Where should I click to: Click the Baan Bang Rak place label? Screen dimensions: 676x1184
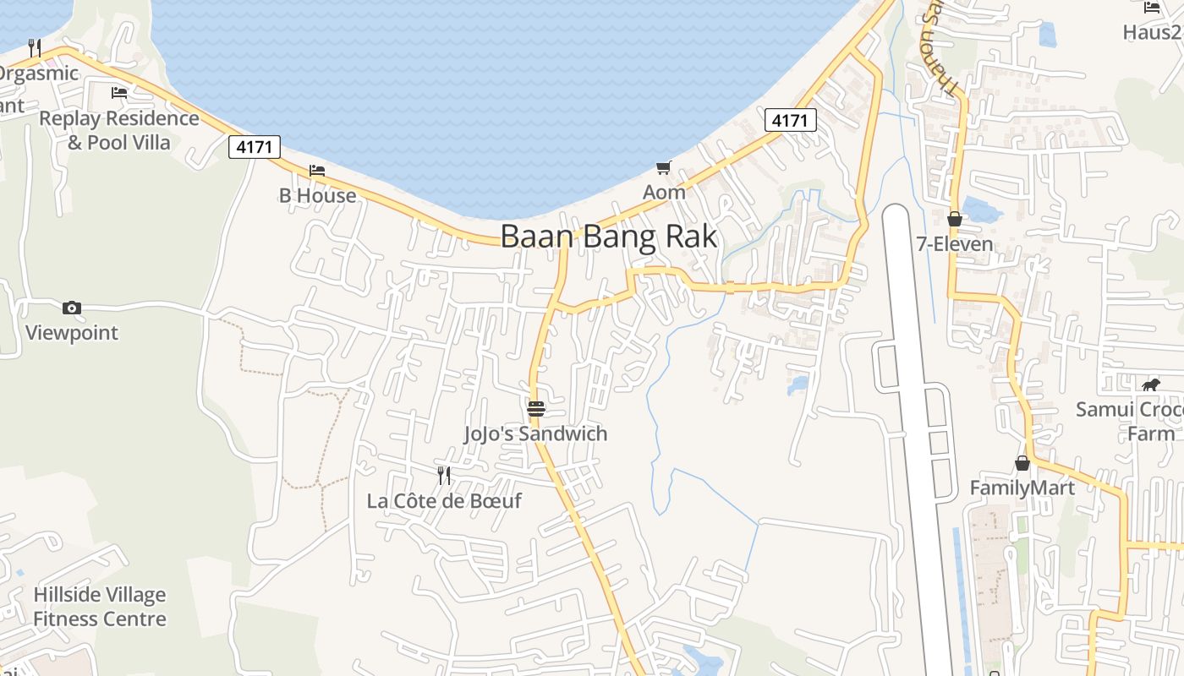click(609, 237)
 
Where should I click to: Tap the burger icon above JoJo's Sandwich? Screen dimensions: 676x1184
click(536, 410)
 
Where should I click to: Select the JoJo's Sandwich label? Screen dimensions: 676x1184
click(535, 433)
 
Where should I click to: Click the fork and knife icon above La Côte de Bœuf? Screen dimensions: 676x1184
click(444, 476)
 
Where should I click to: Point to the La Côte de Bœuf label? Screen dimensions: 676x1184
click(444, 500)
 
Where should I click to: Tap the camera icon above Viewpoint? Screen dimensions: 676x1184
click(72, 308)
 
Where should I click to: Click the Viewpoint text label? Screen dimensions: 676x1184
click(72, 332)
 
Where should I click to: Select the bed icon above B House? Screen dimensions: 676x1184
click(317, 170)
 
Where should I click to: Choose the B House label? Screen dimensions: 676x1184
click(318, 195)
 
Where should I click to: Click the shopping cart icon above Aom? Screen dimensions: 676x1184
click(664, 167)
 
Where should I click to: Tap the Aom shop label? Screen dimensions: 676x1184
click(664, 192)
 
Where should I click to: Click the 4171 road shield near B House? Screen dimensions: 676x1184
click(255, 147)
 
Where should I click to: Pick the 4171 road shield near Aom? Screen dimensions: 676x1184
click(791, 121)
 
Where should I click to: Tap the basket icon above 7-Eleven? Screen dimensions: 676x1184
click(955, 220)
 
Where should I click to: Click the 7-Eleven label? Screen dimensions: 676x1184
click(955, 244)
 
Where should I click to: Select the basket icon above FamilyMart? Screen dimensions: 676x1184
click(1022, 463)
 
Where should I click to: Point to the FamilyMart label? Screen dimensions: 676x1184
click(1022, 488)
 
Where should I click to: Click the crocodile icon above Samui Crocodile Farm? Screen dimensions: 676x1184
click(1150, 385)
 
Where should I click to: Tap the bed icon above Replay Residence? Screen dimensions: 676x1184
click(119, 92)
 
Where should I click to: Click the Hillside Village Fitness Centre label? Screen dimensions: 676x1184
click(100, 607)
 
